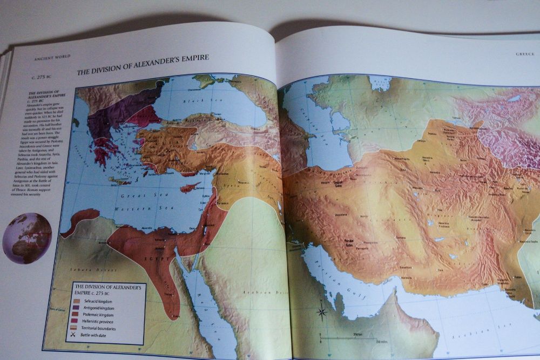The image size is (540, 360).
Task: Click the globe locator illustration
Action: click(27, 238)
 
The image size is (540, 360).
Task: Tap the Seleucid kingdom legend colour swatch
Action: click(78, 301)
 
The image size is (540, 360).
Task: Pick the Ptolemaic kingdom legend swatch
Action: click(78, 314)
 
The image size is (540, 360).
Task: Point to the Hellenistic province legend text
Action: click(103, 321)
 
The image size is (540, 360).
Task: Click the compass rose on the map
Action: click(322, 311)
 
